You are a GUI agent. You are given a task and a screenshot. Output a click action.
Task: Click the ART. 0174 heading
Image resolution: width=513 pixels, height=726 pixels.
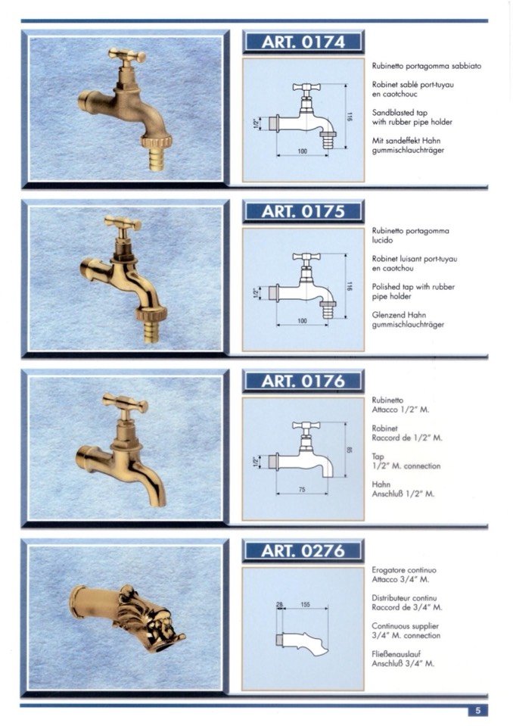pos(303,42)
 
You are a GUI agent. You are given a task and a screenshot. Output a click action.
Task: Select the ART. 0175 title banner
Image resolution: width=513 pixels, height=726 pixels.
pos(303,212)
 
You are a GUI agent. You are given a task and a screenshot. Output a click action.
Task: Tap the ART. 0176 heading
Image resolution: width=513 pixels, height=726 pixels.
pos(303,381)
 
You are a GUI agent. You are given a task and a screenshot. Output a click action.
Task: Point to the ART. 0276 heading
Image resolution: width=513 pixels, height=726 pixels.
pos(303,550)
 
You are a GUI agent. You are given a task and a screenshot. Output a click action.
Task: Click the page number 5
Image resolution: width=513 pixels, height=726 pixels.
pos(478,711)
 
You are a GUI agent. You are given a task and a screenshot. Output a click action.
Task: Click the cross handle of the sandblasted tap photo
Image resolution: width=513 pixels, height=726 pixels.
pos(127,55)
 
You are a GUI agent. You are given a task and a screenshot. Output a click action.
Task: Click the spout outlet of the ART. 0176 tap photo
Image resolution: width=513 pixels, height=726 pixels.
pos(158,501)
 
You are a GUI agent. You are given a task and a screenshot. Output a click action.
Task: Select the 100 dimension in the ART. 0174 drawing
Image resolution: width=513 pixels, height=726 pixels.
pos(303,151)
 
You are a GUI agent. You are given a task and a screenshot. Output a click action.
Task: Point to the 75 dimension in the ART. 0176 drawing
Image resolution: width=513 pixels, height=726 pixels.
pos(302,489)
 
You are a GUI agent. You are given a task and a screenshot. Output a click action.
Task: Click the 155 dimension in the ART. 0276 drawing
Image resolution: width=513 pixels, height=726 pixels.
pos(305,604)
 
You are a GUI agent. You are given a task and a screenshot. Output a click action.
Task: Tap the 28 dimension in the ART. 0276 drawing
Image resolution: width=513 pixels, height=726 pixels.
pos(279,604)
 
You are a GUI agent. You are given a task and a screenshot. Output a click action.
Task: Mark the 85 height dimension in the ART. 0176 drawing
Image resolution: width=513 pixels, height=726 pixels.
pos(350,450)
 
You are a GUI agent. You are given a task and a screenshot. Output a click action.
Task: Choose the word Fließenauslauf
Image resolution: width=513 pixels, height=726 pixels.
pos(396,654)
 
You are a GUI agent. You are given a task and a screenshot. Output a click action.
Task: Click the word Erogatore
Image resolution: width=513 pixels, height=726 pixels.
pos(388,570)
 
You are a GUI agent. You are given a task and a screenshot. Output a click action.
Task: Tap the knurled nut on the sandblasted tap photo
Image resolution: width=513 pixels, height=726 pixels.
pos(157,141)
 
